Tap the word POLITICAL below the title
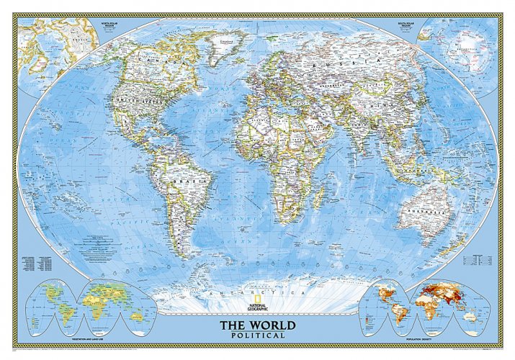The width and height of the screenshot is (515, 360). pos(257,336)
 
